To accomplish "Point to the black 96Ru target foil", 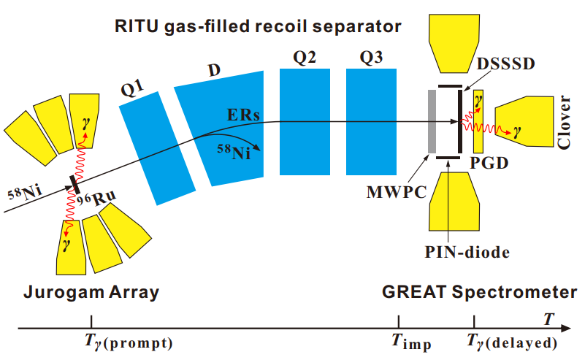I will point(76,184).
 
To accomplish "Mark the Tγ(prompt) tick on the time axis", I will point(91,322).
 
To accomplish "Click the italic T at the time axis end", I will point(548,317).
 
